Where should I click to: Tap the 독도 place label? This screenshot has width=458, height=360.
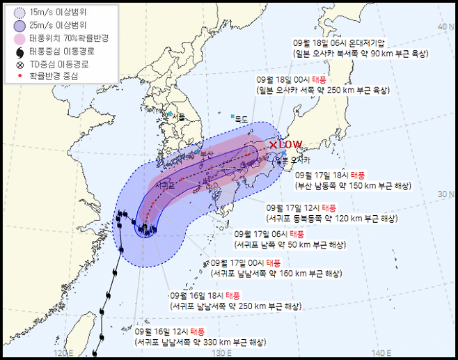pos(242,119)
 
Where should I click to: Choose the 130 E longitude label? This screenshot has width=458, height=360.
pos(221,352)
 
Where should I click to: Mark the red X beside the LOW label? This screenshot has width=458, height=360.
pos(273,145)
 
